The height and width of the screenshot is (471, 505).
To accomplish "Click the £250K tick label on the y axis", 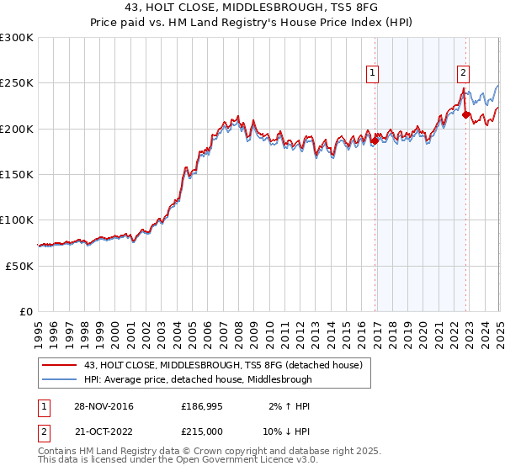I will tap(17, 83).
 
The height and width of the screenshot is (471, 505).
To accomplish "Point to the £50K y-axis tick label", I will tap(19, 266).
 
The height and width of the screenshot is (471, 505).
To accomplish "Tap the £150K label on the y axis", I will tap(17, 174).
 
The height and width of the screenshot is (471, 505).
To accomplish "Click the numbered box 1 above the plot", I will tap(372, 73).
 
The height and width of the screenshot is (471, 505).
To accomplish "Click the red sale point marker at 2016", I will tap(375, 140).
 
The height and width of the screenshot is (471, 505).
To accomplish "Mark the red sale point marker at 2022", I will tap(466, 115).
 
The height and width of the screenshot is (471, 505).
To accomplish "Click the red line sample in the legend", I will tap(59, 365).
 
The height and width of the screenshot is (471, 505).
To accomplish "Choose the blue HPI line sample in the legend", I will tap(59, 379).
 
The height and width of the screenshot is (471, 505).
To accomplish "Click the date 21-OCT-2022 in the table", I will tap(102, 430).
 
